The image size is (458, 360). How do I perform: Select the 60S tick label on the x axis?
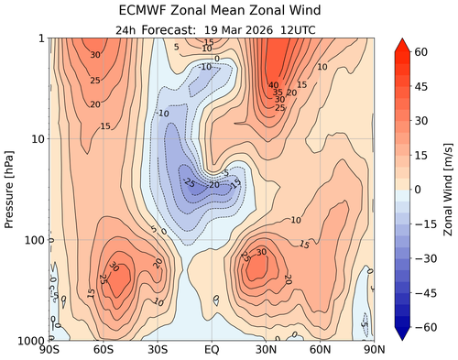pos(104,350)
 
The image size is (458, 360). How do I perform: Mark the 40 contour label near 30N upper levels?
pos(273,85)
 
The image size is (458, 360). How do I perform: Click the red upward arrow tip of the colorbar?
pos(403,42)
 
